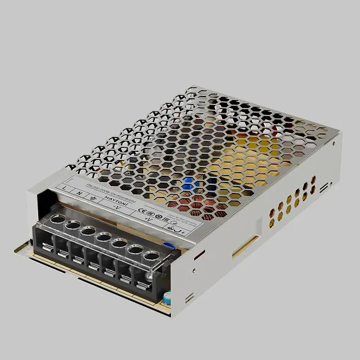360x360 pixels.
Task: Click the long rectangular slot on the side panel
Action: pos(248,246)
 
